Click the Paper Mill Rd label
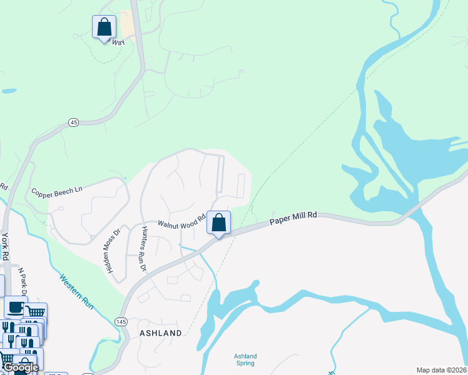coord(293,218)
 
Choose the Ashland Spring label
coord(245,360)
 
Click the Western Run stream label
coord(78,292)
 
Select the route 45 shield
coord(74,122)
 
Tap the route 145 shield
coord(121,321)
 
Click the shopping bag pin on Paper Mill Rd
coord(218,222)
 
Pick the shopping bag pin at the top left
coord(104,27)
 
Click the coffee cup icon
coord(15,307)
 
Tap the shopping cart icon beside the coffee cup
coord(36,311)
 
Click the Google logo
coord(21,367)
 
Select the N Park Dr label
coord(23,282)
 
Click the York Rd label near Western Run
coord(6,247)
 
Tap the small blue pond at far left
coord(9,91)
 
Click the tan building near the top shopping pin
coord(128,25)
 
